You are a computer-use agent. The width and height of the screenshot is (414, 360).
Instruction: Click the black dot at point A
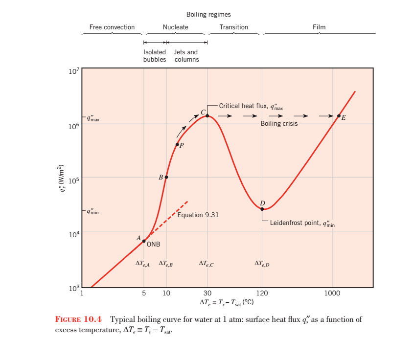pyautogui.click(x=144, y=241)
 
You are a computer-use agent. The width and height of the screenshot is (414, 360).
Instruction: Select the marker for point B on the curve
pyautogui.click(x=166, y=177)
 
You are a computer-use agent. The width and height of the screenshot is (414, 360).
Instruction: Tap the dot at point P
pyautogui.click(x=177, y=144)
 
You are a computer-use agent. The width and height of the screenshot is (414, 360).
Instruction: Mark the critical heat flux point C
pyautogui.click(x=207, y=115)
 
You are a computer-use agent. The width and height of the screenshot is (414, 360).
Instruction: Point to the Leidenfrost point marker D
pyautogui.click(x=262, y=209)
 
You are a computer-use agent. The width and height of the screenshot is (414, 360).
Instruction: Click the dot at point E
pyautogui.click(x=339, y=116)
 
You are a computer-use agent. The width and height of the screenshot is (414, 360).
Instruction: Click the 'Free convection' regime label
pyautogui.click(x=112, y=27)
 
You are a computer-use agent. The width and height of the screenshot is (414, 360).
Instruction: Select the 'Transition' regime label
pyautogui.click(x=233, y=27)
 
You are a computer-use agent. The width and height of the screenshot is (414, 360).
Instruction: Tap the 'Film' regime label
pyautogui.click(x=319, y=27)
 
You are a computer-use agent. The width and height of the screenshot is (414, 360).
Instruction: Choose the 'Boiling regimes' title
pyautogui.click(x=208, y=15)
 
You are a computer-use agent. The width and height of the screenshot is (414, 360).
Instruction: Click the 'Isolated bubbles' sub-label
pyautogui.click(x=155, y=56)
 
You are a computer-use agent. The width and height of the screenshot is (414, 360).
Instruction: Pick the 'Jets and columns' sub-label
pyautogui.click(x=186, y=56)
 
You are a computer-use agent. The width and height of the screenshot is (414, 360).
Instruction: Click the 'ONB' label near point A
pyautogui.click(x=154, y=245)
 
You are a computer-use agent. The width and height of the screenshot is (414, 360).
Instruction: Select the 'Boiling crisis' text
pyautogui.click(x=278, y=124)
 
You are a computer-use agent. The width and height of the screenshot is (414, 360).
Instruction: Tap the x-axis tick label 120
pyautogui.click(x=262, y=293)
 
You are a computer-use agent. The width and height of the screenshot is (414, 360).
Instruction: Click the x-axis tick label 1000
pyautogui.click(x=333, y=293)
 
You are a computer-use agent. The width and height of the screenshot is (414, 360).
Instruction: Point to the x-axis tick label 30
pyautogui.click(x=207, y=293)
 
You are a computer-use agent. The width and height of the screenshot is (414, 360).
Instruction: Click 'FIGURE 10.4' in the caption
pyautogui.click(x=79, y=320)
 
